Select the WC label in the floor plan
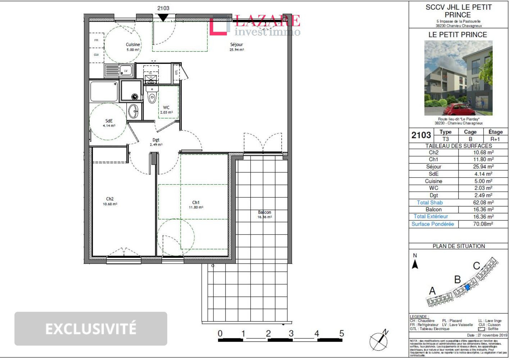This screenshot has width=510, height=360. [x=166, y=108]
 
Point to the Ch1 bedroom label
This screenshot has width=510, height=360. [x=196, y=203]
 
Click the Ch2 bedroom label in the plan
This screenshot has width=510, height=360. [x=110, y=199]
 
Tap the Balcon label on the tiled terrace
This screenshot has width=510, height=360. [x=264, y=212]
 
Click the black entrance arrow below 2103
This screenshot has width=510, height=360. [x=163, y=17]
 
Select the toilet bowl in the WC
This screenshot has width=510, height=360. [x=152, y=97]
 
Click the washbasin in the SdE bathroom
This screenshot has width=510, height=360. [x=133, y=111]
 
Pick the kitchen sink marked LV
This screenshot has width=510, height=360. [x=126, y=71]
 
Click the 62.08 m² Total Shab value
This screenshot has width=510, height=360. [x=483, y=203]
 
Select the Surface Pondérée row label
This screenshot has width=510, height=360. [x=433, y=224]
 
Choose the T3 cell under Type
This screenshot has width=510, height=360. [x=445, y=139]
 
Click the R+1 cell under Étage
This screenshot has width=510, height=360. [x=495, y=139]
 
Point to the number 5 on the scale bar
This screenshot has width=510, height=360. [x=341, y=334]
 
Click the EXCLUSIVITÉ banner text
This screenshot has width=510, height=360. [x=91, y=329]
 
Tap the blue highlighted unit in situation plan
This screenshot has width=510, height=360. [x=467, y=287]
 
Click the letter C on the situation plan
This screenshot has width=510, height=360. [x=477, y=266]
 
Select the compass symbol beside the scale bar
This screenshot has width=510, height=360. [x=379, y=340]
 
